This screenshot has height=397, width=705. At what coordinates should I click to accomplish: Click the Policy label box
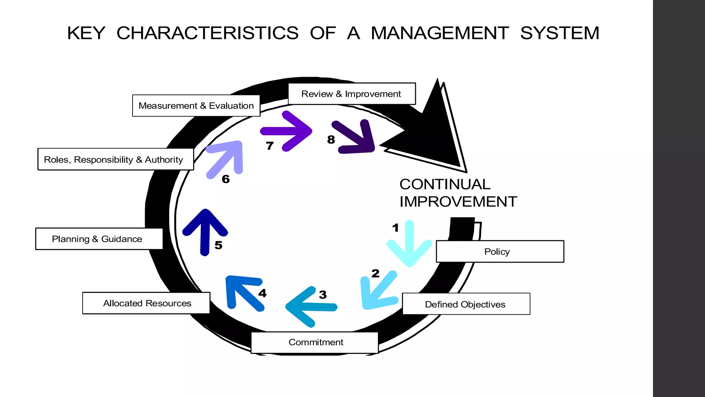[500, 252]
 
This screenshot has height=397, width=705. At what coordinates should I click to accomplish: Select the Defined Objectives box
[466, 304]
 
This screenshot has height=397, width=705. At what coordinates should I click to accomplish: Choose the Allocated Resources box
[146, 303]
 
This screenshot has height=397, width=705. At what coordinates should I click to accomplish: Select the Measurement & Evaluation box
[196, 106]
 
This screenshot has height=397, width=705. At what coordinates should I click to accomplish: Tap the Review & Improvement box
[351, 94]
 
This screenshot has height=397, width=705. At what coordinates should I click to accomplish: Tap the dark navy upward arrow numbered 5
[205, 232]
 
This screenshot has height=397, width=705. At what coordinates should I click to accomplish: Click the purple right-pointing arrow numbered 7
[288, 131]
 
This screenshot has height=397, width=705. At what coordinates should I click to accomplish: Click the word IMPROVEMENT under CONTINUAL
[458, 202]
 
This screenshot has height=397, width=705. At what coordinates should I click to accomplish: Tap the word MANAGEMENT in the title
[440, 33]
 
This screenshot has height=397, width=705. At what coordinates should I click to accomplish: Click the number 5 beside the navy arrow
[218, 245]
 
